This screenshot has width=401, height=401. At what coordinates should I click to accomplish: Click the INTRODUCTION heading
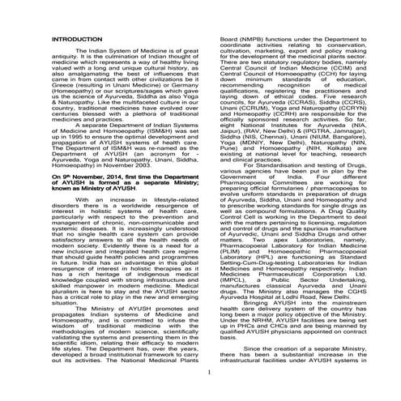(x=75, y=62)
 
